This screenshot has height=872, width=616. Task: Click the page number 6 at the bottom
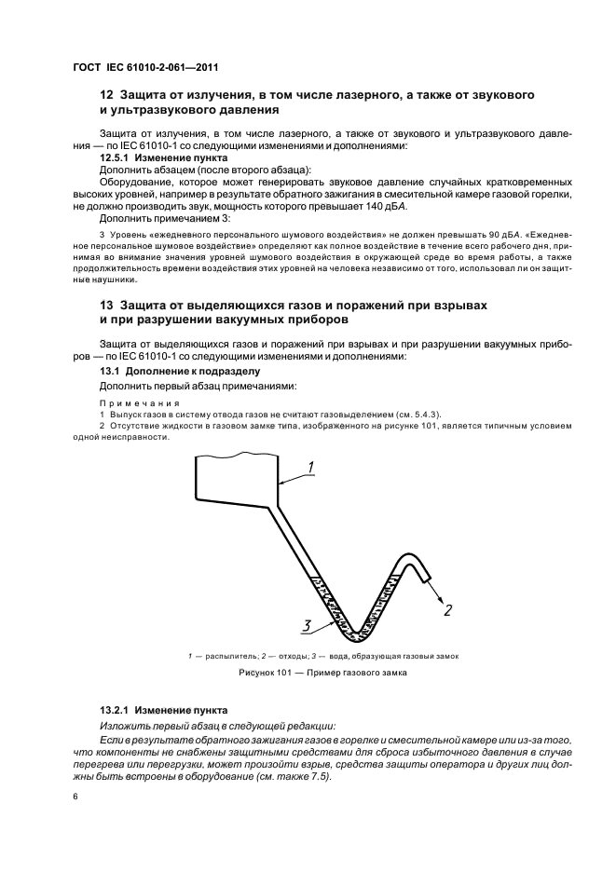[x=75, y=797]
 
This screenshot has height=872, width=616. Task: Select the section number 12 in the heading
[x=105, y=96]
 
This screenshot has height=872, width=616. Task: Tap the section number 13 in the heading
[x=105, y=306]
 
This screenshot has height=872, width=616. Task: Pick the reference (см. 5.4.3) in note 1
[x=417, y=413]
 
